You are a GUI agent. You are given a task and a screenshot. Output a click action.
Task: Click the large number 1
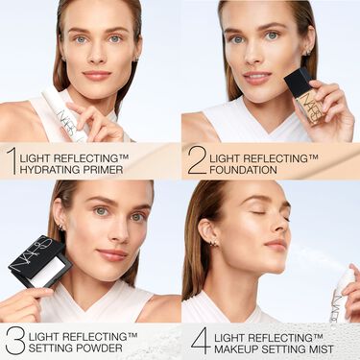point(12,160)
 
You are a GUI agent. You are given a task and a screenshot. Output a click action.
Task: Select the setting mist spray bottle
point(342,293)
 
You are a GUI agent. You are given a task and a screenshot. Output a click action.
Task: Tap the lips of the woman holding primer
point(96,75)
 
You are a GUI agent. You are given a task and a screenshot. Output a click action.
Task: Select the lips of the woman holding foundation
point(257,77)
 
